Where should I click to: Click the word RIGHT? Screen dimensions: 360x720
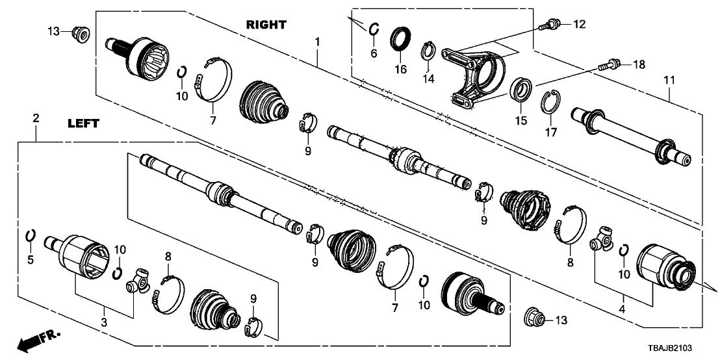click(x=266, y=25)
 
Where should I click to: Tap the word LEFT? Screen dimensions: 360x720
click(x=82, y=123)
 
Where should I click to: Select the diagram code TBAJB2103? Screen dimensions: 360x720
click(x=684, y=350)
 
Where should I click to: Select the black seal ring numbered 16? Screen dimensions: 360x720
click(x=401, y=39)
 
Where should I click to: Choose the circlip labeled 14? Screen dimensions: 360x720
click(x=428, y=49)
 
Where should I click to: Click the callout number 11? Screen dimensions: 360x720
click(x=669, y=80)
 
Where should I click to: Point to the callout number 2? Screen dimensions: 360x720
click(x=36, y=118)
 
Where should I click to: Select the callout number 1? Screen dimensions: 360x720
click(x=317, y=42)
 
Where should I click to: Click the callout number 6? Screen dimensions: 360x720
click(x=374, y=53)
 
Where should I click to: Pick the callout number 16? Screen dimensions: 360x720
click(x=401, y=68)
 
